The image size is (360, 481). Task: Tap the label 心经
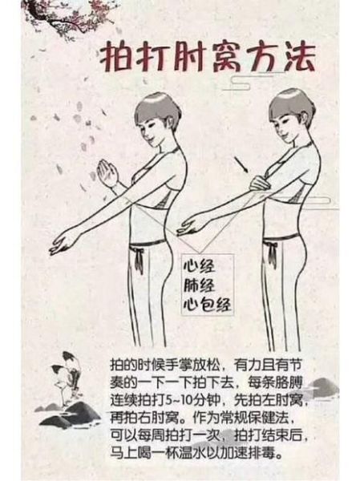(196, 265)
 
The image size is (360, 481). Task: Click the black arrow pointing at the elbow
(241, 167)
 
